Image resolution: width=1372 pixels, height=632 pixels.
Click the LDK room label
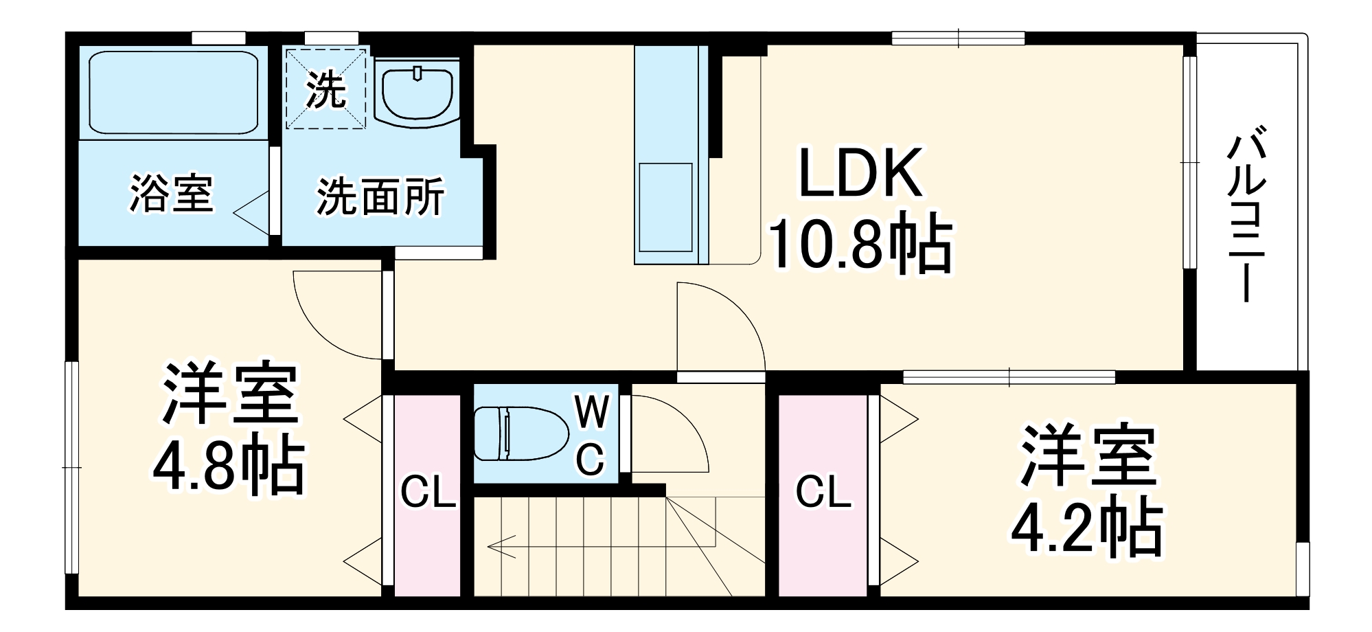[x=860, y=173]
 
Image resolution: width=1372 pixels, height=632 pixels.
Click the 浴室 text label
[x=171, y=194]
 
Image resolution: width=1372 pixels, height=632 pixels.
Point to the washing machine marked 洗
[x=325, y=87]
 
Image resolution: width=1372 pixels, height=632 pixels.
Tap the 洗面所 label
[x=380, y=197]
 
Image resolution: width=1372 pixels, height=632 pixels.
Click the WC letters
[x=591, y=436]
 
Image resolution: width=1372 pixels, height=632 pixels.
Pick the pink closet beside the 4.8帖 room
[x=427, y=495]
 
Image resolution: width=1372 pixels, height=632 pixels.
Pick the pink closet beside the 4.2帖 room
[x=823, y=495]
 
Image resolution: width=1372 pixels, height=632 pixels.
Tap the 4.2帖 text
[x=1087, y=529]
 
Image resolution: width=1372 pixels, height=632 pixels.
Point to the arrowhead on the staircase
[x=496, y=547]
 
